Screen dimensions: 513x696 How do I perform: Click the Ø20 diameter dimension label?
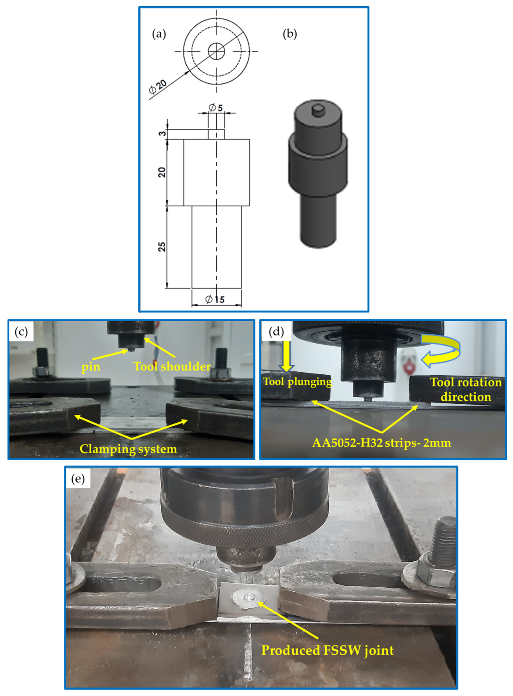[x=158, y=87]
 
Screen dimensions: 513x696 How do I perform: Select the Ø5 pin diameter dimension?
[x=215, y=108]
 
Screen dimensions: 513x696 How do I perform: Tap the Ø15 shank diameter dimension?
[x=215, y=299]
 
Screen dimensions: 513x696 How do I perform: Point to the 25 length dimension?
[x=162, y=247]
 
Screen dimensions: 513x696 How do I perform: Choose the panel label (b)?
[x=290, y=34]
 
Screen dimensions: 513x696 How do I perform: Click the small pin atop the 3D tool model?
[x=318, y=110]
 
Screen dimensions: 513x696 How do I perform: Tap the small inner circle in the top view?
[x=216, y=51]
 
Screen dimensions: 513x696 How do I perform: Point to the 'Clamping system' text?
[x=128, y=449]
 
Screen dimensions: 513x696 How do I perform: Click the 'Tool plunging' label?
[x=297, y=381]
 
